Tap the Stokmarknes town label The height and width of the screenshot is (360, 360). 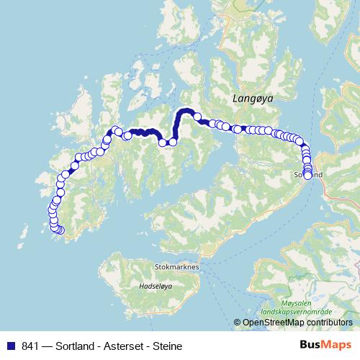point(176,266)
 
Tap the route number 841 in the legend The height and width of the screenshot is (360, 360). point(32,346)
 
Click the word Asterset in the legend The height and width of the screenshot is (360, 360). point(131,346)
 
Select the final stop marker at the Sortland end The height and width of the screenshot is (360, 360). point(308,175)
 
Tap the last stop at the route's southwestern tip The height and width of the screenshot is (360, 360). point(60,230)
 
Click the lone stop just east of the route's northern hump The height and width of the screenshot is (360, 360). point(197,116)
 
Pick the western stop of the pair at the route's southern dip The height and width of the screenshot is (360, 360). point(163,143)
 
